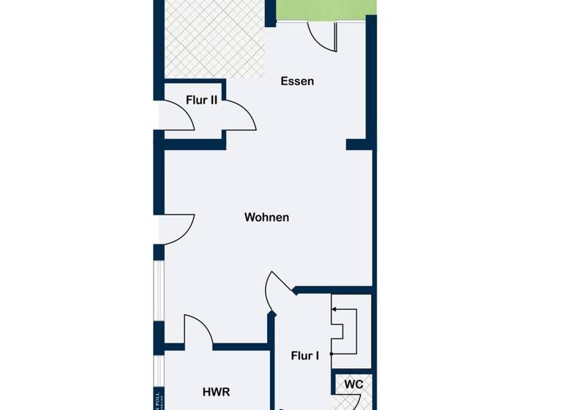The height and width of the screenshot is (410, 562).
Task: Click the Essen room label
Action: [297, 81]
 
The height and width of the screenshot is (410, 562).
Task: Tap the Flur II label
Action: [201, 100]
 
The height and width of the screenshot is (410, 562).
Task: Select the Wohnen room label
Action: [266, 217]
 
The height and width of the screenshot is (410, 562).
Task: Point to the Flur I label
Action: [304, 357]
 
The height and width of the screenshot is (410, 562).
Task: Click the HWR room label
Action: [216, 392]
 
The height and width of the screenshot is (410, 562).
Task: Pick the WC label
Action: [354, 384]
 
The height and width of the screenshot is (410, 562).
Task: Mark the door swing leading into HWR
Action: [197, 329]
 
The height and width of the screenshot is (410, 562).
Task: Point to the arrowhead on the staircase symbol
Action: [334, 310]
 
